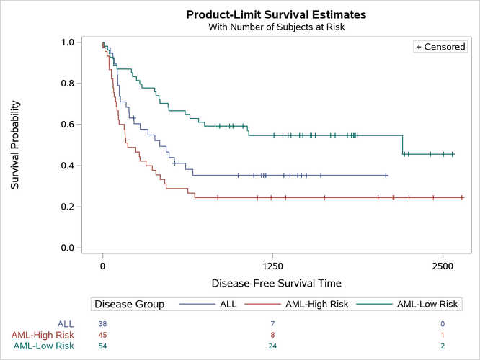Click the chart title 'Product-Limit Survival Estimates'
(x=276, y=14)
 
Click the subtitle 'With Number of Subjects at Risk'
(x=276, y=27)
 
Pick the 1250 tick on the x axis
(x=272, y=265)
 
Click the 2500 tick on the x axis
(x=443, y=265)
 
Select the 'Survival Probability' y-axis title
(x=15, y=145)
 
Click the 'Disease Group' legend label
(x=129, y=304)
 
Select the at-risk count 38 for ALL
(x=102, y=324)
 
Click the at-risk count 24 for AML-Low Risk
(x=272, y=346)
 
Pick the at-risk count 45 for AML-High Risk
(x=102, y=335)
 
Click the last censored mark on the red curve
(x=462, y=197)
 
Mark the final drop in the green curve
(x=402, y=145)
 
